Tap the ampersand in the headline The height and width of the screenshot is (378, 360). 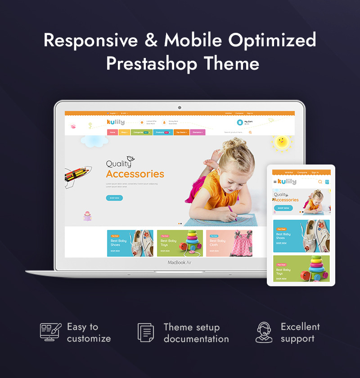click(151, 40)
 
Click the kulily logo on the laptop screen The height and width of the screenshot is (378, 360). click(116, 122)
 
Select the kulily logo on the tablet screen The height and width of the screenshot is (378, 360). click(287, 182)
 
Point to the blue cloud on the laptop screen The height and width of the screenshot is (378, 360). click(94, 141)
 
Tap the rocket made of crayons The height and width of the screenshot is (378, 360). click(77, 174)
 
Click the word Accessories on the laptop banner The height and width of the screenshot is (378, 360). click(135, 174)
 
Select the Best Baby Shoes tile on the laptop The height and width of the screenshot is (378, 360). click(130, 243)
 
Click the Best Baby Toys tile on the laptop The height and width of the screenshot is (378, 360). click(180, 243)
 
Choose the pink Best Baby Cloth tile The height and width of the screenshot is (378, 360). click(229, 243)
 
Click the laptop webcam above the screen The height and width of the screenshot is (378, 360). click(180, 107)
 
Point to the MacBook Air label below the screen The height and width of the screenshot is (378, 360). click(180, 262)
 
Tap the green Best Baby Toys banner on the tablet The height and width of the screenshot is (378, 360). click(301, 269)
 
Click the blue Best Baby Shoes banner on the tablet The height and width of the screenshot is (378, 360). click(301, 236)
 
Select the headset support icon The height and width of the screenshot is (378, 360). click(264, 332)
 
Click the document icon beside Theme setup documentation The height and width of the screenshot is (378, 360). click(146, 332)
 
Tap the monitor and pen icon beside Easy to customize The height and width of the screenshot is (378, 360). click(50, 332)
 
